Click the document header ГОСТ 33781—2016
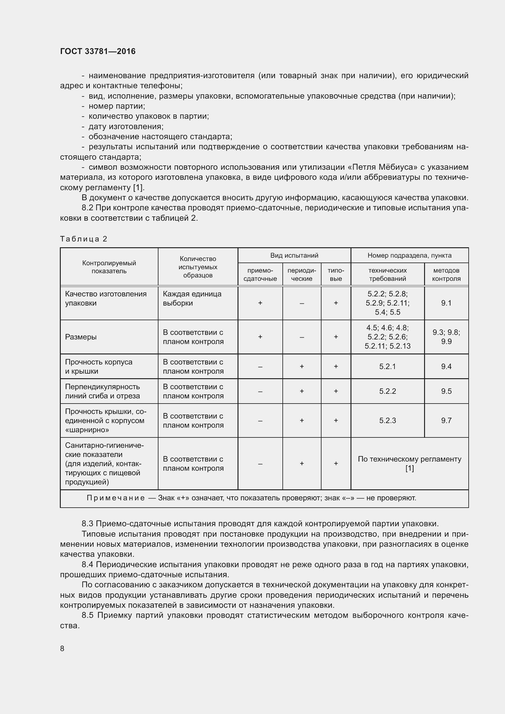tap(98, 51)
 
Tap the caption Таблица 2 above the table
tap(84, 239)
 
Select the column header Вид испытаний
tap(294, 255)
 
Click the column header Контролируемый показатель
tap(109, 267)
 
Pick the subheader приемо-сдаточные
tap(260, 274)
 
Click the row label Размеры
tap(81, 337)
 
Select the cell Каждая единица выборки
tap(192, 298)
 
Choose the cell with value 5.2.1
tap(387, 366)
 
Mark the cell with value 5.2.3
tap(387, 420)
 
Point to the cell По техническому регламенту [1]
tap(409, 463)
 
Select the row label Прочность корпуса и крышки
tap(99, 366)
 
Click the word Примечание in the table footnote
tap(116, 498)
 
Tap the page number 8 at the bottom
tap(62, 648)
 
